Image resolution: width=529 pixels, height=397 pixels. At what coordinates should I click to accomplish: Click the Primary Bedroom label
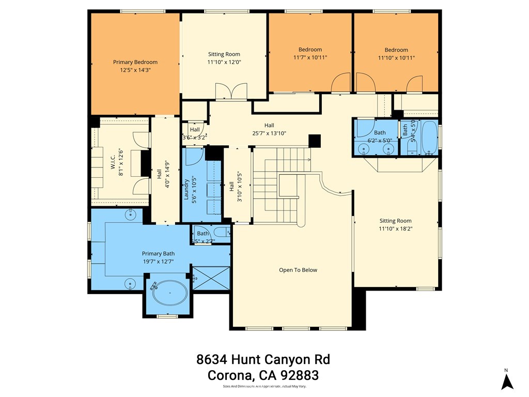(135, 62)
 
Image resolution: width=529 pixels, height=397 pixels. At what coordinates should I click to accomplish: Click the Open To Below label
(298, 270)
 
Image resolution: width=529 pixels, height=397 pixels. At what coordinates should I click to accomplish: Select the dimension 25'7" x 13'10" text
(269, 133)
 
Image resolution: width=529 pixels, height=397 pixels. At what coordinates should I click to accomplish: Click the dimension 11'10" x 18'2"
(396, 228)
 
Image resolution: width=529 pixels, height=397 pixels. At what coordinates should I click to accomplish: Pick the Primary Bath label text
(158, 254)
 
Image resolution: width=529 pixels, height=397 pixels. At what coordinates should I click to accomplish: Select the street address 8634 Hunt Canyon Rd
(263, 359)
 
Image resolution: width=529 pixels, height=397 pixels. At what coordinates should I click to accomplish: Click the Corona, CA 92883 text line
(263, 375)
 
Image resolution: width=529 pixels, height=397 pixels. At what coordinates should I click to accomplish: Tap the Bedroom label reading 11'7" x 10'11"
(310, 57)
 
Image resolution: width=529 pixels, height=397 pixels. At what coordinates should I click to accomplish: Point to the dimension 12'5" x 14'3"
(135, 70)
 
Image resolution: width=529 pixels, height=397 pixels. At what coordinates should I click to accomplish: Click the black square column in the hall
(314, 141)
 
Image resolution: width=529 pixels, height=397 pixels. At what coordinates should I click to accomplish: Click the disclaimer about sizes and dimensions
(264, 386)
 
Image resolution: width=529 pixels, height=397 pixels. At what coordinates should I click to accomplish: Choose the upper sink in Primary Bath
(132, 212)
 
